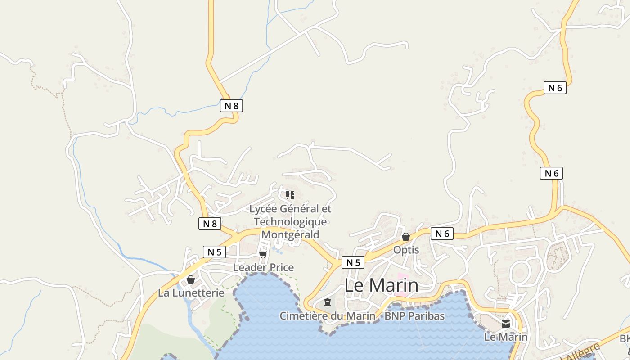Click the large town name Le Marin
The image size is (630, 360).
click(381, 285)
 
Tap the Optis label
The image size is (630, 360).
click(406, 250)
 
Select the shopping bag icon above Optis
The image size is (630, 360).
click(406, 237)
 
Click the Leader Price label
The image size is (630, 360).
click(263, 267)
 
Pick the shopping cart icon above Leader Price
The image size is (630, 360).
click(263, 254)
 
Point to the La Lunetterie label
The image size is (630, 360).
click(191, 292)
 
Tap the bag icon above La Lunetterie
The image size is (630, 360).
click(191, 279)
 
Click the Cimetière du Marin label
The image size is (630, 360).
click(327, 316)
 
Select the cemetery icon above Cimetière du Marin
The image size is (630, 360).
click(328, 302)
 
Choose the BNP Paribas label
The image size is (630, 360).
click(414, 316)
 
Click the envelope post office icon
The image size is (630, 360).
click(506, 324)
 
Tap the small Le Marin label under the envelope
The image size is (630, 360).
click(506, 337)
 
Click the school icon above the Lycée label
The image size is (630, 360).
click(290, 195)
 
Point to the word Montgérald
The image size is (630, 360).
click(290, 234)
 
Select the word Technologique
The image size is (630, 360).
click(290, 222)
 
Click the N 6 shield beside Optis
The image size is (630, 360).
click(442, 234)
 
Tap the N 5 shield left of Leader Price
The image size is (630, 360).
click(214, 252)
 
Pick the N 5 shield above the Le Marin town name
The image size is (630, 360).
click(353, 262)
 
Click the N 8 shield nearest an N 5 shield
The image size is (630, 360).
click(210, 224)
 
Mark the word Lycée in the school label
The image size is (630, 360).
click(263, 209)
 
